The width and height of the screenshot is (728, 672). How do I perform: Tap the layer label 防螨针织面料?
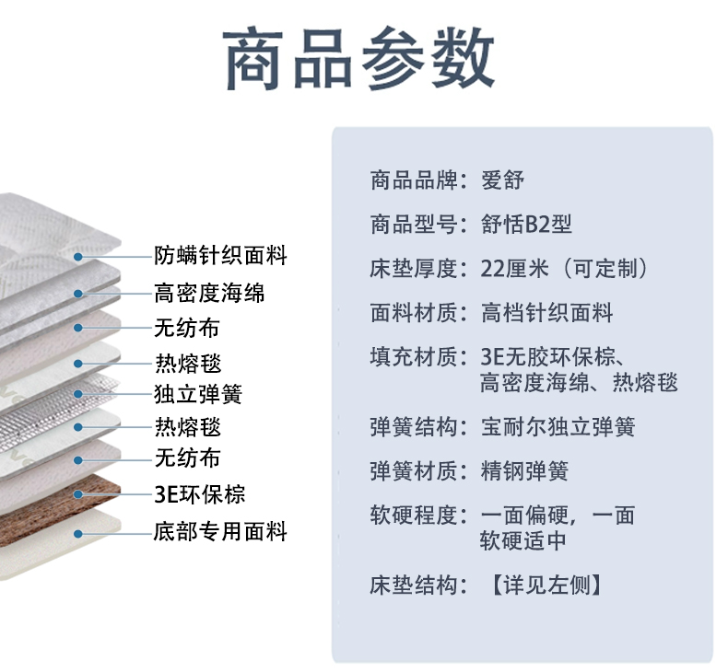[x=220, y=255]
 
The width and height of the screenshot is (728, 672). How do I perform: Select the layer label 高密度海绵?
[x=209, y=294]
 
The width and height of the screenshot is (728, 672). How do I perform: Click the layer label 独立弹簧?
[x=198, y=395]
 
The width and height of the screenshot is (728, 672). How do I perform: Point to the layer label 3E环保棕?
[x=200, y=493]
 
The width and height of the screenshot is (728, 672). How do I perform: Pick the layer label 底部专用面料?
[x=220, y=531]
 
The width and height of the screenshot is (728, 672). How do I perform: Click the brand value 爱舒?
[x=502, y=180]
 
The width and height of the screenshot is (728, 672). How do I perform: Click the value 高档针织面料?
[x=546, y=313]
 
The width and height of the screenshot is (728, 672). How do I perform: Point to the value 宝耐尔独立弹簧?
[x=558, y=427]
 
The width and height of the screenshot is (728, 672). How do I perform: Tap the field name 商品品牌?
[x=414, y=180]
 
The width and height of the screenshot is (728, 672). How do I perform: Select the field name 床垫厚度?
[x=414, y=269]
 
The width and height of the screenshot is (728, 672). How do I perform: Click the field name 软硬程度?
[x=414, y=516]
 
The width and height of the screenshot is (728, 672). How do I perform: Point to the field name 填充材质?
[x=414, y=357]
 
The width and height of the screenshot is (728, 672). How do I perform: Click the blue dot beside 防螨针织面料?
[x=79, y=256]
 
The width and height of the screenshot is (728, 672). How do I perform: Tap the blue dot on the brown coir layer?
[x=79, y=494]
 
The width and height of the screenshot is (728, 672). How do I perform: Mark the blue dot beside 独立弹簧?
[x=79, y=395]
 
